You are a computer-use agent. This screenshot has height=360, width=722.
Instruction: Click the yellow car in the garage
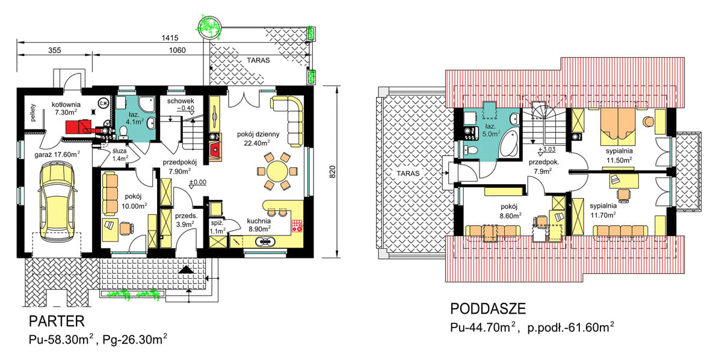pyautogui.click(x=57, y=201)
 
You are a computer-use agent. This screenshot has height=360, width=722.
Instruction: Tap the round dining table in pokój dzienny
pyautogui.click(x=277, y=171)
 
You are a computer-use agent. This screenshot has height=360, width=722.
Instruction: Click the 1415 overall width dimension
pyautogui.click(x=170, y=38)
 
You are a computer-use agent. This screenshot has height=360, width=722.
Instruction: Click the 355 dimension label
pyautogui.click(x=55, y=51)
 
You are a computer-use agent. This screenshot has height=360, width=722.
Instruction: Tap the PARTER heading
pyautogui.click(x=57, y=321)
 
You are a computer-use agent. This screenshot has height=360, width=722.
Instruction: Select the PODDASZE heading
pyautogui.click(x=488, y=309)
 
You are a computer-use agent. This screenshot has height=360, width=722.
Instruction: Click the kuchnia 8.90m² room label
pyautogui.click(x=259, y=225)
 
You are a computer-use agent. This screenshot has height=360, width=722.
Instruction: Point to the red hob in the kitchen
pyautogui.click(x=297, y=226)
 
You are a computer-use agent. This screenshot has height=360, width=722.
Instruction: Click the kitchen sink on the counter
pyautogui.click(x=265, y=241)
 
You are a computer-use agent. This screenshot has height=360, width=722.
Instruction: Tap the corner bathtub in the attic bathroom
pyautogui.click(x=509, y=143)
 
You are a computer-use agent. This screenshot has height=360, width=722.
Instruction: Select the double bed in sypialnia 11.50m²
pyautogui.click(x=617, y=128)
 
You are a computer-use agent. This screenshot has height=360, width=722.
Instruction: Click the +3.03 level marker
pyautogui.click(x=547, y=150)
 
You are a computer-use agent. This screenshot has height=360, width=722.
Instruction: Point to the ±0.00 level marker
pyautogui.click(x=197, y=182)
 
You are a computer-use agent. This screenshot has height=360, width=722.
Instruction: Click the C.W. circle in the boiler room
pyautogui.click(x=103, y=103)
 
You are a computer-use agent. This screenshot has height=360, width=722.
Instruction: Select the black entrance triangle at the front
pyautogui.click(x=186, y=270)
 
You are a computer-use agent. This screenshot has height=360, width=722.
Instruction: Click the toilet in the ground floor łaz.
pyautogui.click(x=123, y=132)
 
